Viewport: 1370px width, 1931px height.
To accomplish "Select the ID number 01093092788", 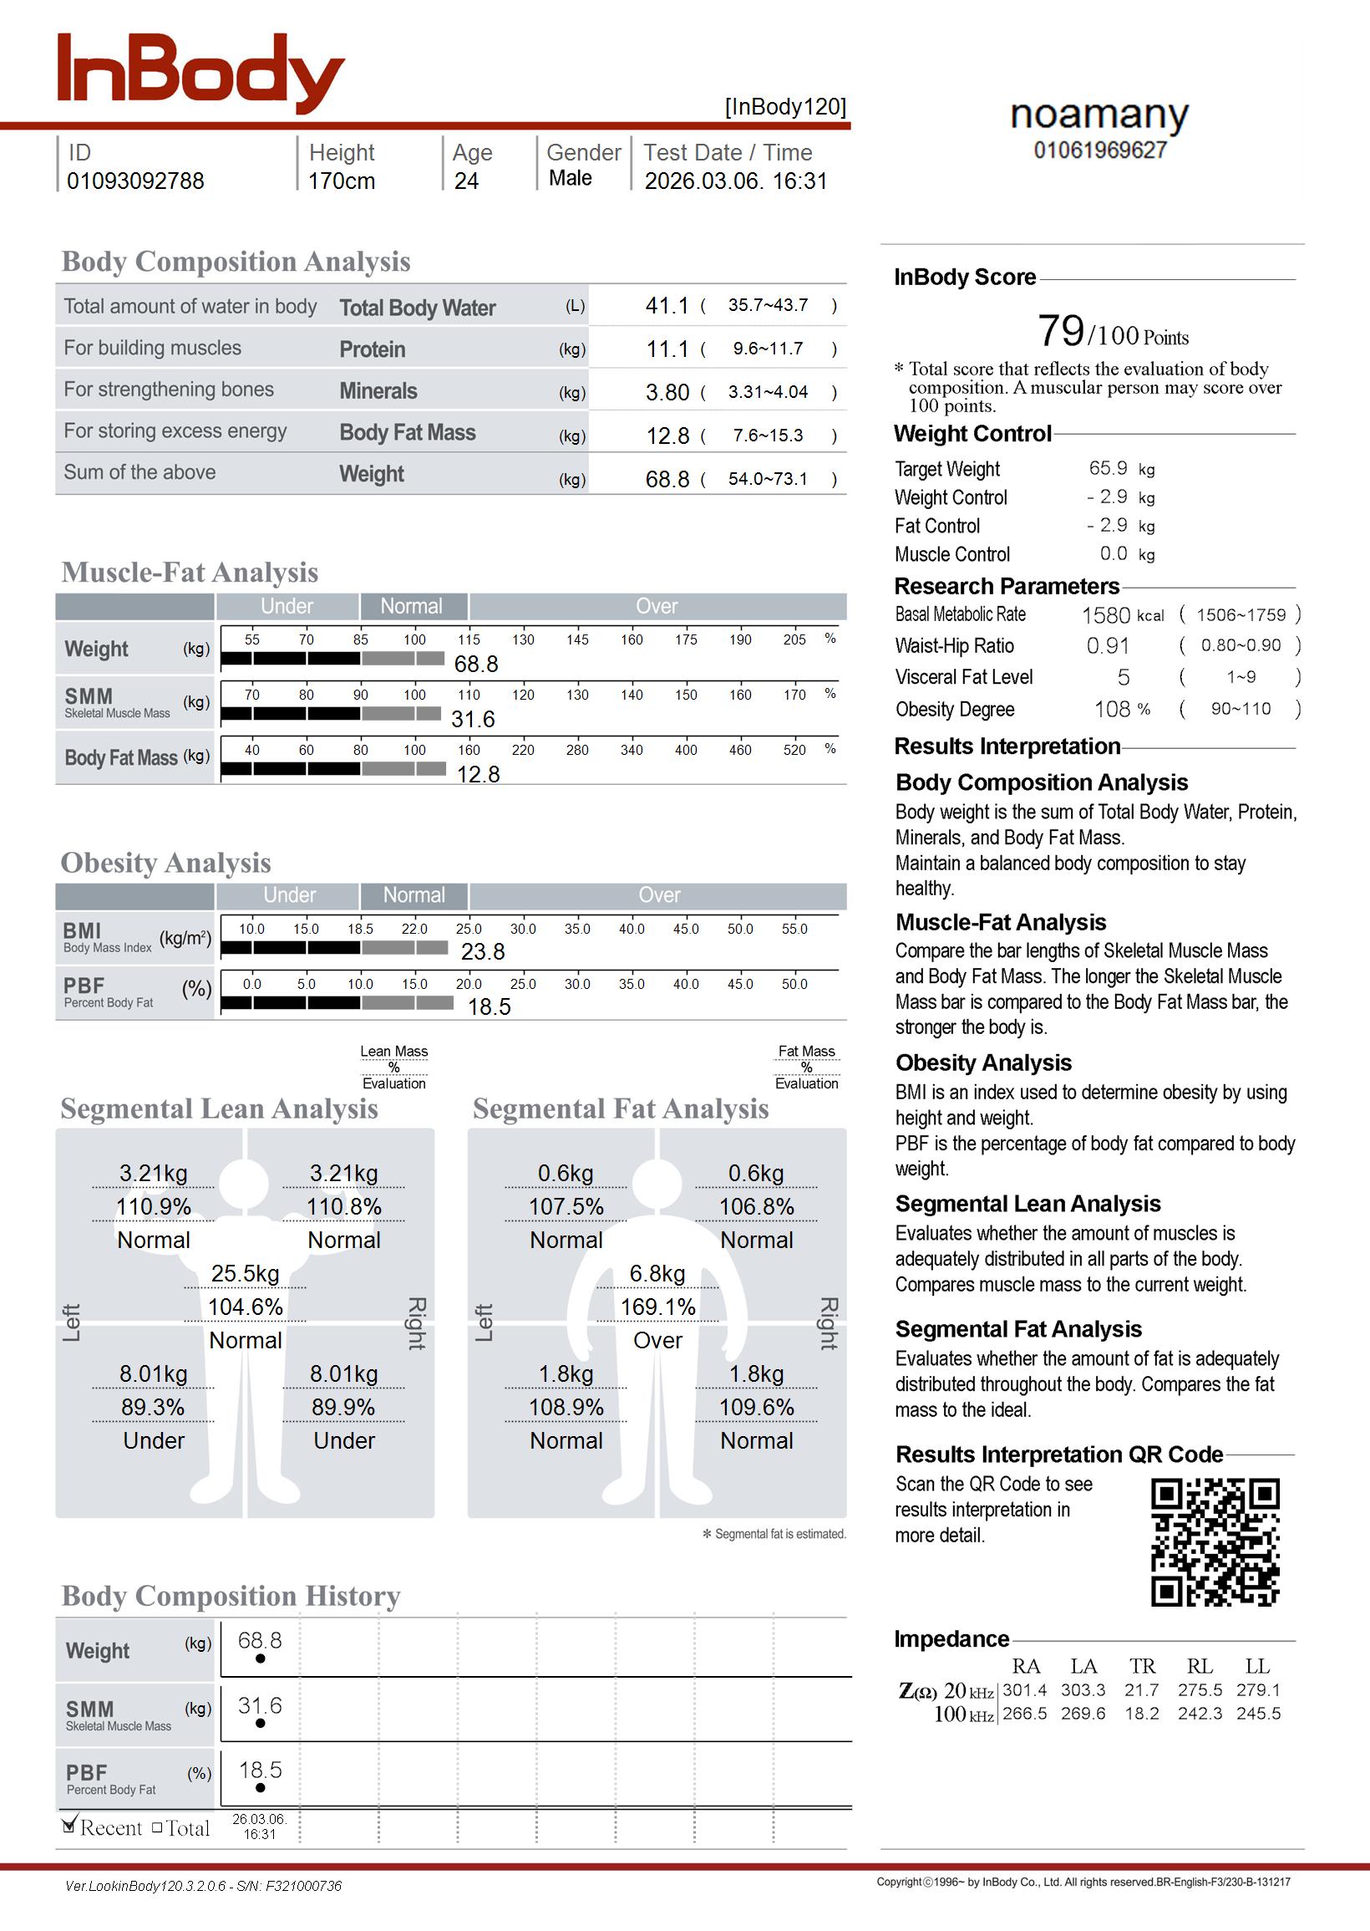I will (135, 181).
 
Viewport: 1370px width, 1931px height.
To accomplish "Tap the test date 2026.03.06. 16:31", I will (736, 181).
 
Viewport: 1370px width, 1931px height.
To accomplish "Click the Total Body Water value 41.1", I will (667, 305).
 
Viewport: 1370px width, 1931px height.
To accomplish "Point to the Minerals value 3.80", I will (667, 392).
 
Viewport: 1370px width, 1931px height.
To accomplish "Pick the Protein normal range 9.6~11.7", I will (768, 349).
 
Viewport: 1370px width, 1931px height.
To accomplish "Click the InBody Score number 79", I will (1060, 331).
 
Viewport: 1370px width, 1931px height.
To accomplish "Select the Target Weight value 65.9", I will (1108, 468).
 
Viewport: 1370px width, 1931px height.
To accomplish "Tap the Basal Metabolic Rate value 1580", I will (1105, 615).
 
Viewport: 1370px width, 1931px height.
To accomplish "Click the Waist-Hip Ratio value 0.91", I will (1108, 646).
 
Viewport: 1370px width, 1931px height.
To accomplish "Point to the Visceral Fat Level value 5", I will (1123, 678).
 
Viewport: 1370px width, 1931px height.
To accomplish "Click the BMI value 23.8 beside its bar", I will (483, 952).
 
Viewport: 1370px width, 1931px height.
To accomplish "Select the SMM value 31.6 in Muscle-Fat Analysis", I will (473, 720).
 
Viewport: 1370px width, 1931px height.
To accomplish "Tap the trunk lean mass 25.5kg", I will (245, 1274).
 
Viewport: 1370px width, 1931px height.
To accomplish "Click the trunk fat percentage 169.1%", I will (658, 1307).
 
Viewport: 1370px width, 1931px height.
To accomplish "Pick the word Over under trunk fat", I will (658, 1341).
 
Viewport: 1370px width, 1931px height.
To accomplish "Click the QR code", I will (1215, 1542).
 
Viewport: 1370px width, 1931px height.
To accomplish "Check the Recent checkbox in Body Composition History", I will (70, 1827).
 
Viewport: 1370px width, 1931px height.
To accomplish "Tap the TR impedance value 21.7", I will (1141, 1690).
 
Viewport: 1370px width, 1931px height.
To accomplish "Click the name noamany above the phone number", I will (1099, 114).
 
